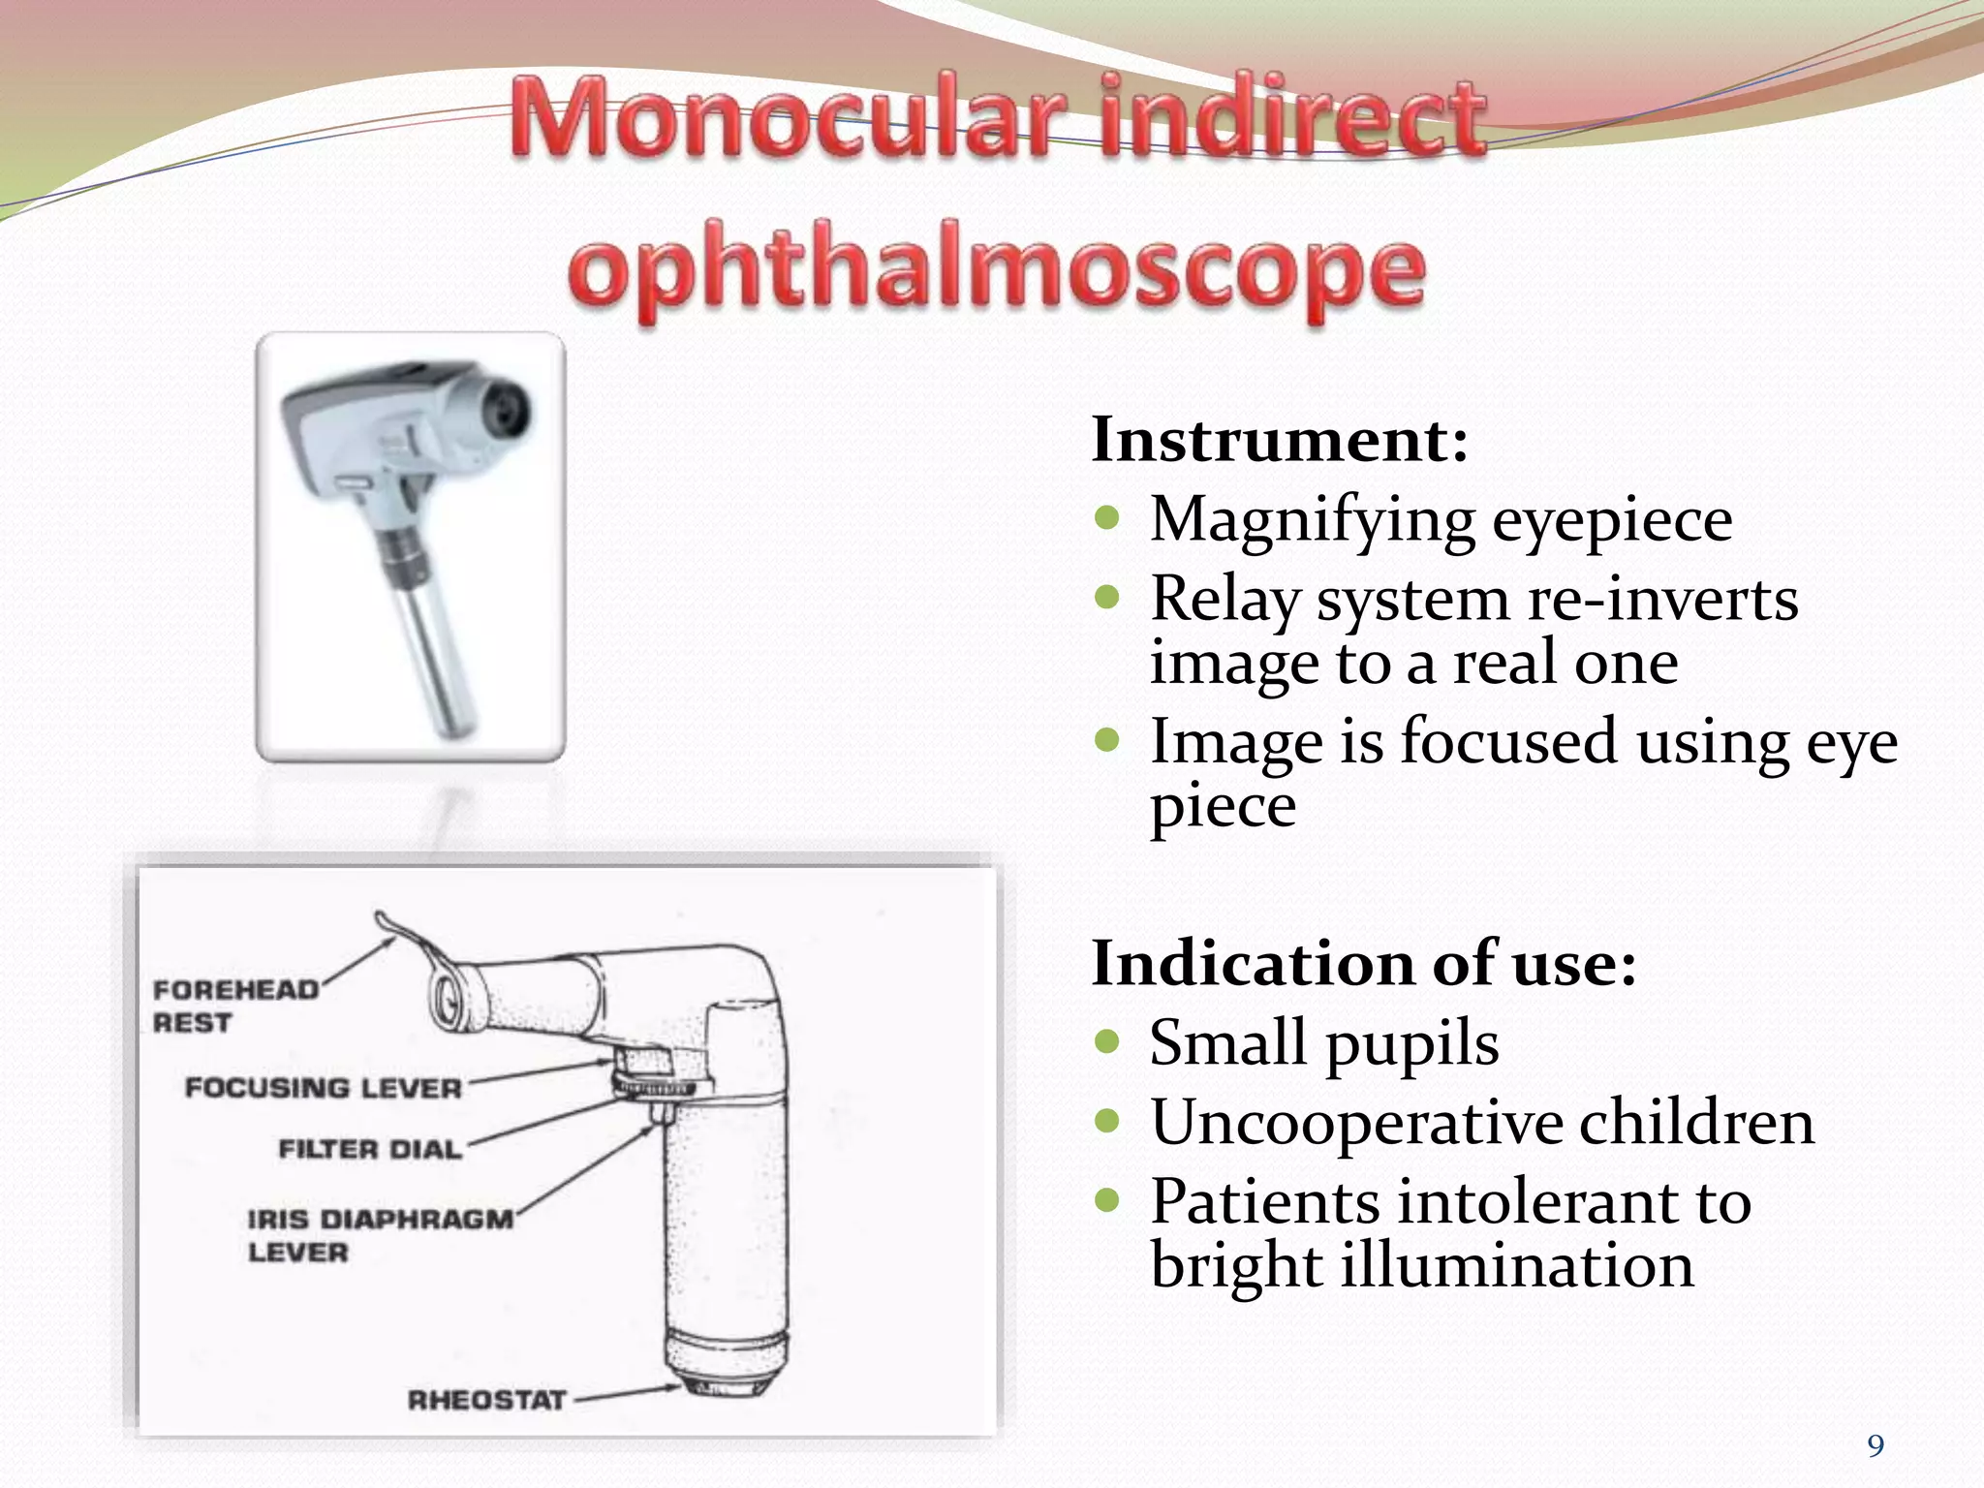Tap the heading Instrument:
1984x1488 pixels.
tap(1280, 440)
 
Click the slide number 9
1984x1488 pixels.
tap(1875, 1446)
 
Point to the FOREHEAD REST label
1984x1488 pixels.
tap(234, 1006)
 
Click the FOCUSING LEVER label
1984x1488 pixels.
tap(324, 1088)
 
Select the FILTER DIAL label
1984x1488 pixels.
tap(369, 1149)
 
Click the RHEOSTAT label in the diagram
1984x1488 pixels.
tap(486, 1400)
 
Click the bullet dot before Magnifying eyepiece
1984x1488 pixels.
tap(1106, 519)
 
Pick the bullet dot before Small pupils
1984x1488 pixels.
tap(1106, 1042)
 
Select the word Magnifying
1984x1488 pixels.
tap(1313, 521)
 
